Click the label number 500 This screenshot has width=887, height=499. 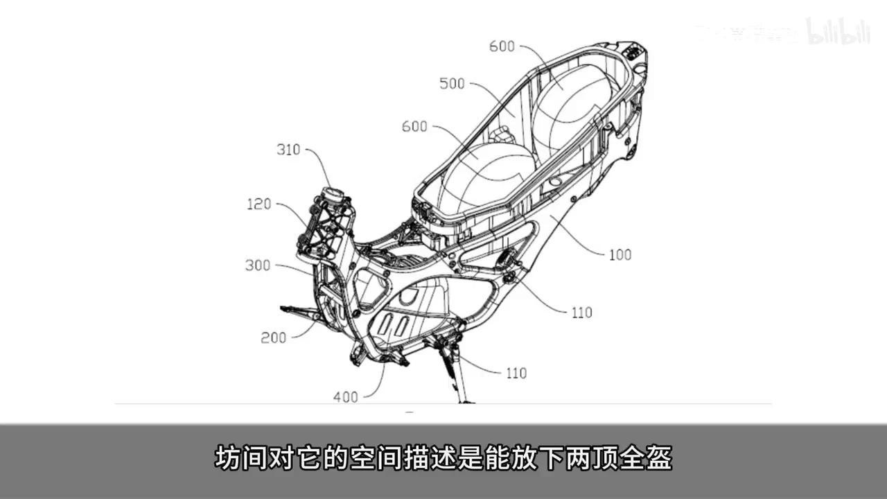[452, 84]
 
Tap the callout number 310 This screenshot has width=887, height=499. [288, 150]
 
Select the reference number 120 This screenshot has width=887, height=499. [260, 205]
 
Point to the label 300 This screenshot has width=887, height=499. [257, 265]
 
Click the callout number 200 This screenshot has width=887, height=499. [273, 338]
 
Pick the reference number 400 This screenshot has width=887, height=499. [346, 397]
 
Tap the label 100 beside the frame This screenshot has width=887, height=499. [620, 255]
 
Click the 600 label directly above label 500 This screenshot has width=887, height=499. [502, 46]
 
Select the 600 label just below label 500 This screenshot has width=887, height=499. [414, 127]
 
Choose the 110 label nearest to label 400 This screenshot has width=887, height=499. [516, 374]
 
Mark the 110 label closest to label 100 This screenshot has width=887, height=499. [581, 313]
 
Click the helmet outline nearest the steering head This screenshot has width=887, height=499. [478, 177]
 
